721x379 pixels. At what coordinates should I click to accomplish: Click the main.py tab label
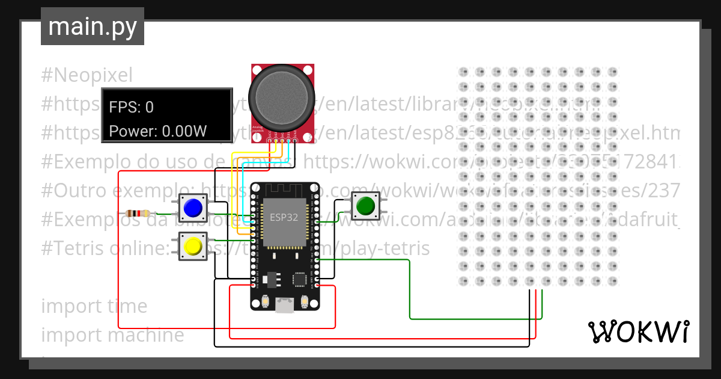[92, 26]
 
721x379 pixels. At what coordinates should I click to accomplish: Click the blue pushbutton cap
[192, 208]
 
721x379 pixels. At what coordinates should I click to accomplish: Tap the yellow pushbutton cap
[192, 246]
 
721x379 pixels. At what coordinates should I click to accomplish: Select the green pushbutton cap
[365, 206]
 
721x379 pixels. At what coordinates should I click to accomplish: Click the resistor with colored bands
[139, 213]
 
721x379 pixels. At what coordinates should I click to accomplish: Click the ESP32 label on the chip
[284, 217]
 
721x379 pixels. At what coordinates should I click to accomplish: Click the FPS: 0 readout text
[132, 107]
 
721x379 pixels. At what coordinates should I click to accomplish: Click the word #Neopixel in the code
[87, 76]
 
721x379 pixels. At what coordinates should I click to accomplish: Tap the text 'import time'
[94, 306]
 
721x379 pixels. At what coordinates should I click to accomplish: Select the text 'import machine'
[112, 335]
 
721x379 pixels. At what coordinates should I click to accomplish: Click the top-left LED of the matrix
[463, 72]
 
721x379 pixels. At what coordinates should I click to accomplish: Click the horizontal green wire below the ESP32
[475, 318]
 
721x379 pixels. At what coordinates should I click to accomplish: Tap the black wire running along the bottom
[373, 347]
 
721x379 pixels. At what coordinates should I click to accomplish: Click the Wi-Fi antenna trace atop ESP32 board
[284, 191]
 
